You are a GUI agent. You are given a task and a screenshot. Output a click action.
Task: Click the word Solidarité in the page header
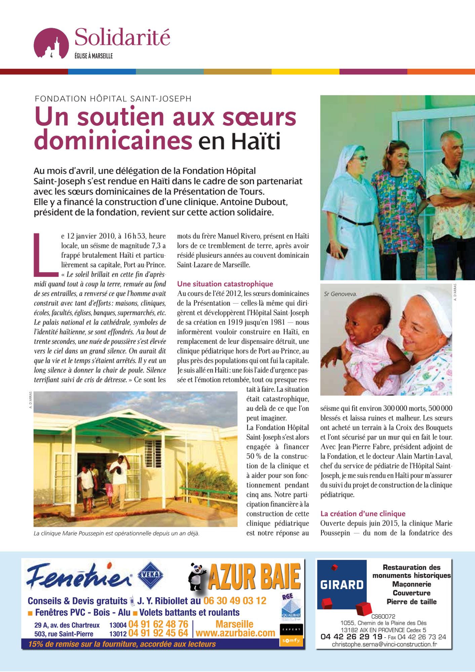tap(122, 38)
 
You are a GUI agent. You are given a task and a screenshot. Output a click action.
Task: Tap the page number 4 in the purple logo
tap(51, 55)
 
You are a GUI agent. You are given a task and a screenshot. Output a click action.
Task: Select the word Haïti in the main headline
tap(255, 141)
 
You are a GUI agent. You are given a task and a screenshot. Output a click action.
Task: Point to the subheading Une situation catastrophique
tap(225, 284)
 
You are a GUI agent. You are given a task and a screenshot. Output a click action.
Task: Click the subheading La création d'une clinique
tap(363, 513)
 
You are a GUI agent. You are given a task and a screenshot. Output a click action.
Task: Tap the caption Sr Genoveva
tap(340, 294)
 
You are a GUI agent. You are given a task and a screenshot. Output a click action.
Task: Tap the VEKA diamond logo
tap(151, 575)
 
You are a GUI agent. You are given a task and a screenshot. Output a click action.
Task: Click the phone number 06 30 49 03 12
tap(235, 600)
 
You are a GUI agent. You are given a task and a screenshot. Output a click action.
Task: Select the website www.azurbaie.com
tap(235, 633)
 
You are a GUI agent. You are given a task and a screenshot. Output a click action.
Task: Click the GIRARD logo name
tap(342, 585)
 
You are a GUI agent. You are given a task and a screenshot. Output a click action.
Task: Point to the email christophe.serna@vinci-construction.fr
tap(384, 644)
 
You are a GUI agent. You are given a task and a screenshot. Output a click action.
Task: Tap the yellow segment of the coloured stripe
tap(305, 72)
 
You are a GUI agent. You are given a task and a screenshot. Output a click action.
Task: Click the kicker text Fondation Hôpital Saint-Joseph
tap(113, 99)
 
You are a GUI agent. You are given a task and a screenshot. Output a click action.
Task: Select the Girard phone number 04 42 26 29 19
tap(351, 637)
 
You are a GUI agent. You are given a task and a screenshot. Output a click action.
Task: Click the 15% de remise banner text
tap(122, 644)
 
